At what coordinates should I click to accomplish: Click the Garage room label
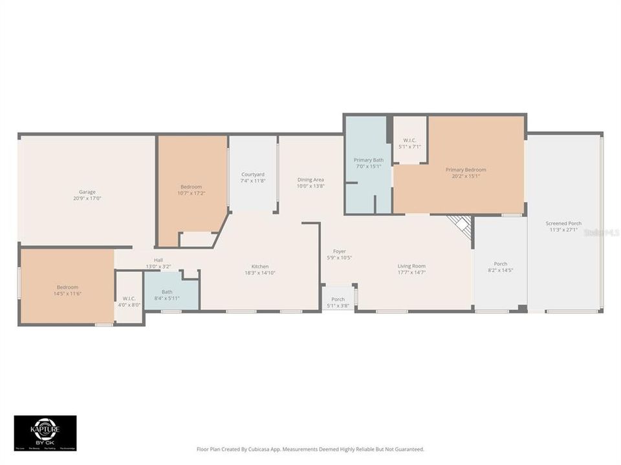pyautogui.click(x=87, y=192)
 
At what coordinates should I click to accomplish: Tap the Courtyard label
pyautogui.click(x=253, y=174)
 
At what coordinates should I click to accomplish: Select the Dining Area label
pyautogui.click(x=310, y=180)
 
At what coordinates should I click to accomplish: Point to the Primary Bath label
pyautogui.click(x=368, y=160)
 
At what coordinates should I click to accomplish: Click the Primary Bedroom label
pyautogui.click(x=466, y=170)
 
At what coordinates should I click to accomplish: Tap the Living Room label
pyautogui.click(x=411, y=266)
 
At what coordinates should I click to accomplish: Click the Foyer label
pyautogui.click(x=340, y=251)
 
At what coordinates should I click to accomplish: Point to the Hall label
pyautogui.click(x=158, y=260)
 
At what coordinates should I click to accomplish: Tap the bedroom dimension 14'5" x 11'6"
pyautogui.click(x=67, y=294)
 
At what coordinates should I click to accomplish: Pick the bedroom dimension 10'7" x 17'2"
pyautogui.click(x=191, y=193)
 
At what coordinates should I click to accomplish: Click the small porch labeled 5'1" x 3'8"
pyautogui.click(x=338, y=302)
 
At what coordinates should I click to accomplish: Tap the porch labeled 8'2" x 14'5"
pyautogui.click(x=501, y=267)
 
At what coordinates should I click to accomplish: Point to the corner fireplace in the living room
pyautogui.click(x=461, y=225)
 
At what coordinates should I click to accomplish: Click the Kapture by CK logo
pyautogui.click(x=45, y=433)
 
